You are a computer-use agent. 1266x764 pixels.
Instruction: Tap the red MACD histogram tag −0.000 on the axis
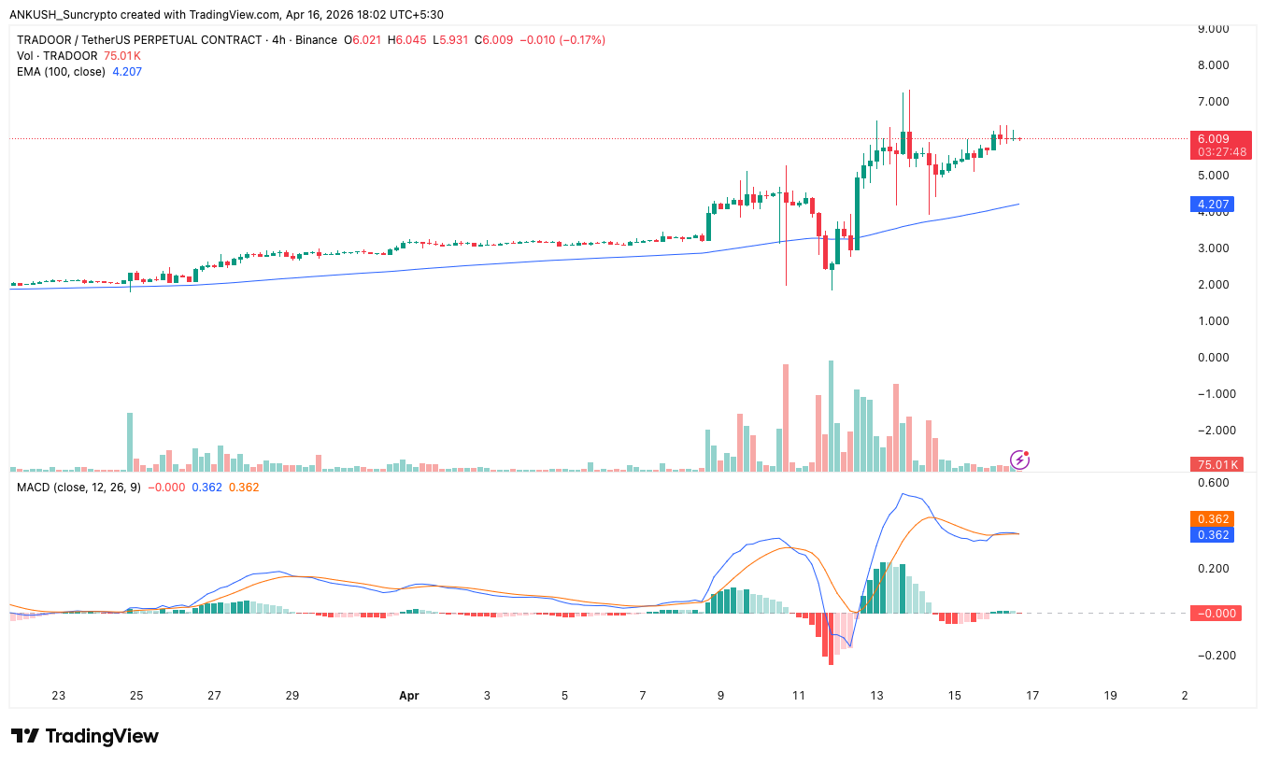(1214, 613)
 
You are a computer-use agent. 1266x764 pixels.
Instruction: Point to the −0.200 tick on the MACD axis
(1211, 655)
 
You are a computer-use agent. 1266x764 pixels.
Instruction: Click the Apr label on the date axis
(408, 695)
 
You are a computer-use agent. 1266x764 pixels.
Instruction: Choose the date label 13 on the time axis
(876, 695)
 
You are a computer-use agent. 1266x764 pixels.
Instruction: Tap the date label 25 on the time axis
(136, 695)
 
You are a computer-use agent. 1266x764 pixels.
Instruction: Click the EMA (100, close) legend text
(61, 71)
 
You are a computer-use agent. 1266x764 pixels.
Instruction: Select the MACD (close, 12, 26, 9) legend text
(78, 487)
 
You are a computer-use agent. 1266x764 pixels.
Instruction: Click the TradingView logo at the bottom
(85, 736)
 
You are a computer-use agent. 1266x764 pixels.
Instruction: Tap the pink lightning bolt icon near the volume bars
(1019, 459)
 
